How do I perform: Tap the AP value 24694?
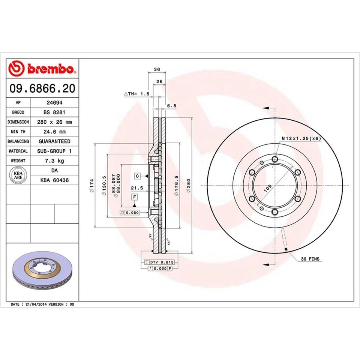coord(54,102)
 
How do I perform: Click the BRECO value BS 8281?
coord(54,112)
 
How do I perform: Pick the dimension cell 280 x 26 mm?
coord(54,122)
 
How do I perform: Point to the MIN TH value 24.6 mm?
coord(54,132)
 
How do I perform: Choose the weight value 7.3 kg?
coord(54,160)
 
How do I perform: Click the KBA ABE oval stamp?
coord(18,175)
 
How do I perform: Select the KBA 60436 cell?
coord(54,180)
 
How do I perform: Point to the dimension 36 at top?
coord(157,69)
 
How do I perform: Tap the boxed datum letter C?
coord(137,176)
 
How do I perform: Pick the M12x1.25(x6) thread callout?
coord(301,138)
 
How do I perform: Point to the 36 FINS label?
coord(310,259)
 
